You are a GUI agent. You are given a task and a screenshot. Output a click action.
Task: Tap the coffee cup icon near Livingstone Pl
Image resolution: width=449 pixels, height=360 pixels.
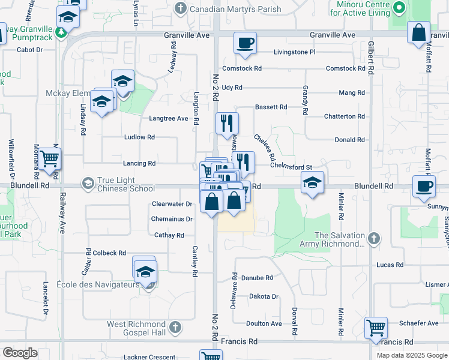click(x=245, y=43)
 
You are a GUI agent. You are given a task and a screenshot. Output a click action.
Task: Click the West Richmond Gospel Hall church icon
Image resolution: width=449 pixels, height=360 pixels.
click(x=175, y=328)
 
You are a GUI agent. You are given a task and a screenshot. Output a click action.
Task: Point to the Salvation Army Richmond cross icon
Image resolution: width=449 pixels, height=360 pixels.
click(x=374, y=238)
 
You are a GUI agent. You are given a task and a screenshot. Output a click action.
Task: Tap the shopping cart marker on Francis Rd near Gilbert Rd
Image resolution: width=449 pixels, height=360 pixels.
click(x=376, y=328)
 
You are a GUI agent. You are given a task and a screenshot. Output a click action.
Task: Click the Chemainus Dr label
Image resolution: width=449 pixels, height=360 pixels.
click(x=172, y=219)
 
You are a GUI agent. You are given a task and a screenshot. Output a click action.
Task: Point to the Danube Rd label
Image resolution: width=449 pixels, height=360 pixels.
click(x=257, y=278)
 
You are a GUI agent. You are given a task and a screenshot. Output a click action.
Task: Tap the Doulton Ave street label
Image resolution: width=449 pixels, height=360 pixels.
click(x=264, y=323)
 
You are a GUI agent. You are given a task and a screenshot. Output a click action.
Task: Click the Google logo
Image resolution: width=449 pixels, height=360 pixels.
click(x=20, y=353)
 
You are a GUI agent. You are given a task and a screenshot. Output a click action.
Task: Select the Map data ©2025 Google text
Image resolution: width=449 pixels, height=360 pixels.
click(x=411, y=355)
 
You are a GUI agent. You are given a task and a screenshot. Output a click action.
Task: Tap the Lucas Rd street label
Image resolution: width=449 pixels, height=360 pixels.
click(x=390, y=265)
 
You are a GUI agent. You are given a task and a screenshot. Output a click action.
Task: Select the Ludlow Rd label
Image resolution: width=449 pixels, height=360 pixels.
click(x=139, y=137)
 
